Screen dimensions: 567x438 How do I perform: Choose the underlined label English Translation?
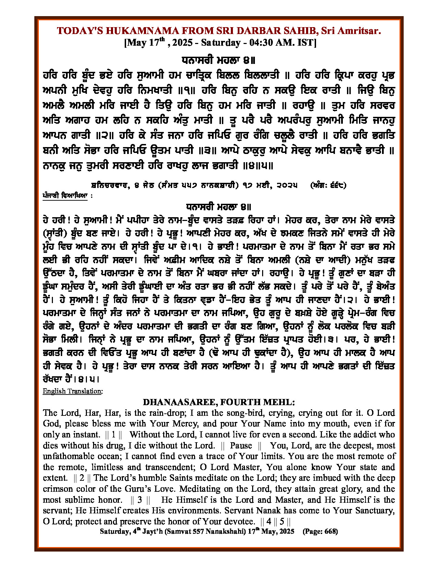pos(72,391)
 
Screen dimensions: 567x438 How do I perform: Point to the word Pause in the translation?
pos(241,445)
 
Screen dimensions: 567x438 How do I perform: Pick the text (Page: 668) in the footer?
pos(320,531)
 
